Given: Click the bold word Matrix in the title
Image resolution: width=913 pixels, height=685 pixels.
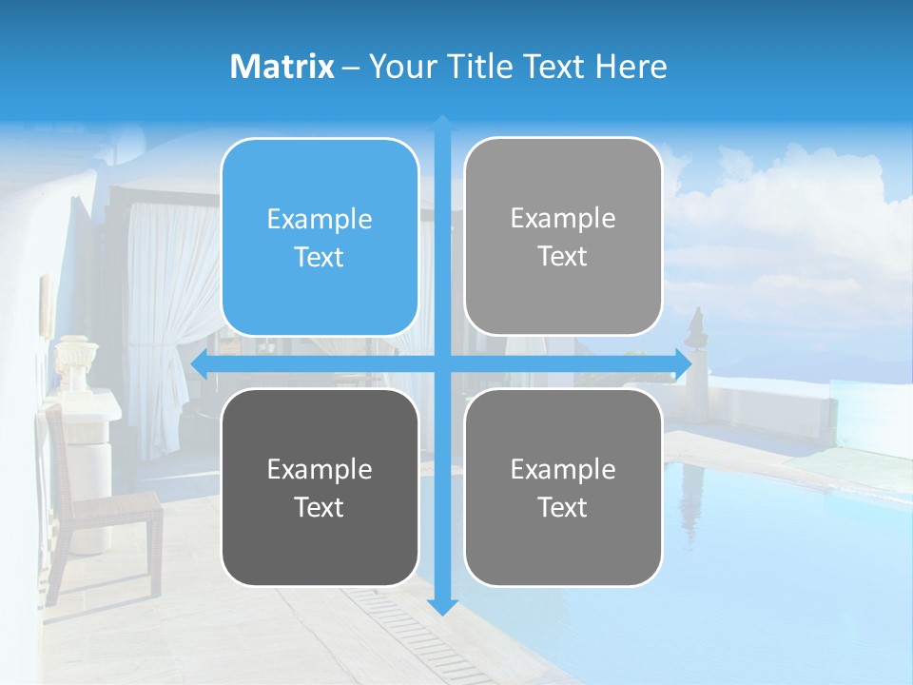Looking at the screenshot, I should coord(282,67).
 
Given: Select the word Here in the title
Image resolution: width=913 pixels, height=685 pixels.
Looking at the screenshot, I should coord(631,67).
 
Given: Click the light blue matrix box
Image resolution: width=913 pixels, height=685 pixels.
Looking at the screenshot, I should coord(320,237).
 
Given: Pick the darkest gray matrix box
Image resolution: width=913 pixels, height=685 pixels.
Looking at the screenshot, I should coord(320,487).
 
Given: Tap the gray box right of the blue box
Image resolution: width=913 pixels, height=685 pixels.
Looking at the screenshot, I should coord(563,237).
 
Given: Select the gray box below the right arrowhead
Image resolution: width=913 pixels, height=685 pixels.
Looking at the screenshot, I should coord(563,487).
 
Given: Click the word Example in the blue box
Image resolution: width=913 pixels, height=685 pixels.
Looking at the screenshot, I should coord(320,219).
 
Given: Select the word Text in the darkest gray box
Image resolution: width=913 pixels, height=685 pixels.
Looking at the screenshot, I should coord(320,507).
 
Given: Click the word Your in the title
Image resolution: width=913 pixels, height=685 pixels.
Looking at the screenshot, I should coord(395,67).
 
